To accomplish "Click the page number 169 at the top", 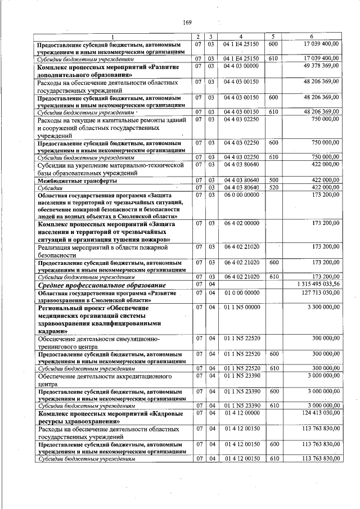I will click(x=187, y=22).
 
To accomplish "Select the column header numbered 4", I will click(x=241, y=37).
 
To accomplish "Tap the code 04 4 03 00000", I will click(x=241, y=65).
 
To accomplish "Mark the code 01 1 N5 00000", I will click(x=241, y=307).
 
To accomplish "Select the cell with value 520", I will click(x=273, y=187).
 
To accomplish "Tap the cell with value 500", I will click(x=273, y=180).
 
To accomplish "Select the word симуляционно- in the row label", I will click(x=134, y=339).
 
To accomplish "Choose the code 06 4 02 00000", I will click(x=241, y=223).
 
